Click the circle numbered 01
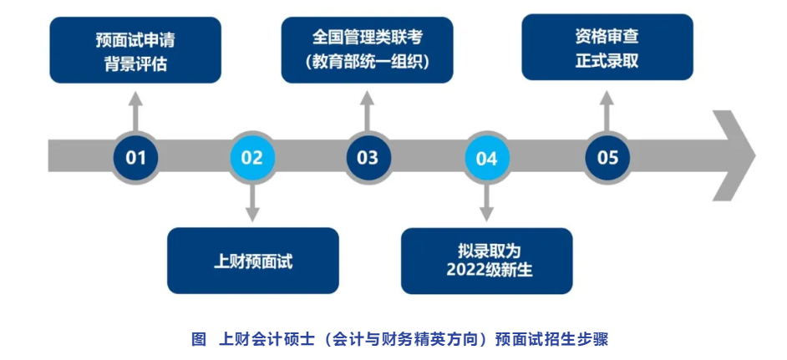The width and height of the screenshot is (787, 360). point(136,157)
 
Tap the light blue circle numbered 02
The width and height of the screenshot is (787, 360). point(251,157)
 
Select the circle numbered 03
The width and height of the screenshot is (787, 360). point(368,157)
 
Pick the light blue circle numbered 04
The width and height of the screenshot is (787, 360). point(486,157)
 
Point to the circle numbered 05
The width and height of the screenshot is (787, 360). point(607,157)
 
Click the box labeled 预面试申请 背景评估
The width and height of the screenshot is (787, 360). point(135,50)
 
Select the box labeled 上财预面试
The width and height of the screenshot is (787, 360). point(253,261)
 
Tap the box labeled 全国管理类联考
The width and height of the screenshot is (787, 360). point(368,50)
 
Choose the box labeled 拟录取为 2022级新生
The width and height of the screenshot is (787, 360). point(487,261)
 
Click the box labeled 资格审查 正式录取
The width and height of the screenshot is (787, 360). point(607,48)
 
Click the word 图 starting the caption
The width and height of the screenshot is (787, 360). point(198,339)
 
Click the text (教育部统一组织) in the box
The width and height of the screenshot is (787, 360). point(368,61)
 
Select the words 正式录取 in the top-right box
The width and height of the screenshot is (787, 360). point(607,60)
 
